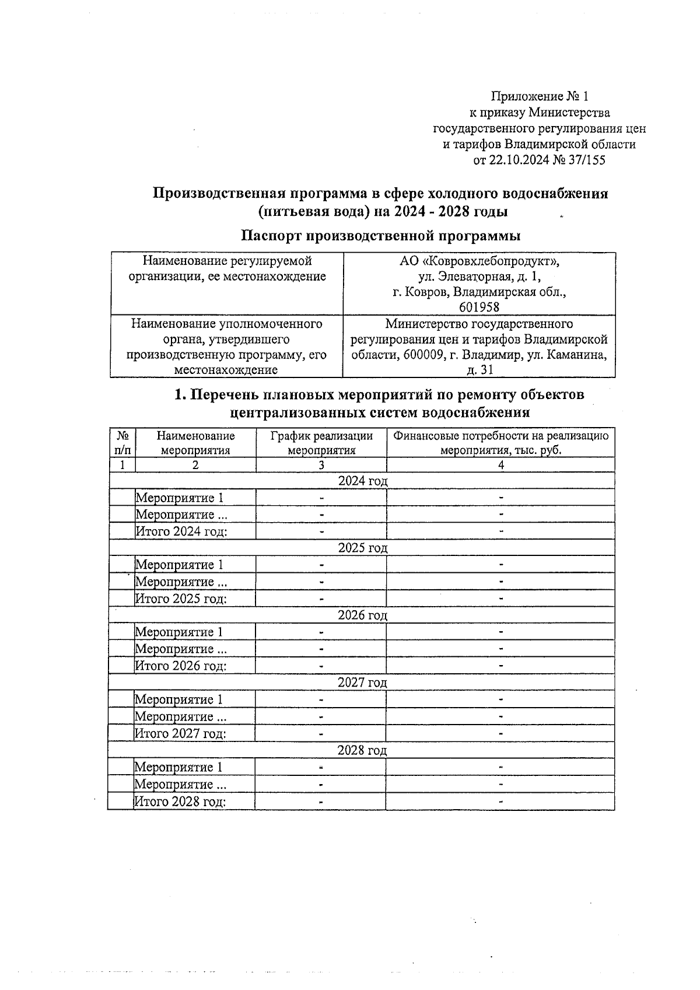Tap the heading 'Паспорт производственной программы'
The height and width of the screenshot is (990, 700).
(381, 236)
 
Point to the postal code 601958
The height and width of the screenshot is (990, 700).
(480, 307)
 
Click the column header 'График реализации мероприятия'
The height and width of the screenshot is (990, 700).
(321, 443)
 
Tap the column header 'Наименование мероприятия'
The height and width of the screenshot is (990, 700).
(195, 443)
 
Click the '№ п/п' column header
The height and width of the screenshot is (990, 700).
(123, 443)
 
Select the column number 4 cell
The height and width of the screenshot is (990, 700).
(501, 465)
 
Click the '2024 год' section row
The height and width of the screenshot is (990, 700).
(362, 481)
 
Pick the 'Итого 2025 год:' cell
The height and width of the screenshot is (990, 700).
(181, 599)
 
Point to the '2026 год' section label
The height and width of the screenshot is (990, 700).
(362, 615)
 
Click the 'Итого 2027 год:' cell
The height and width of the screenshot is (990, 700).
(180, 733)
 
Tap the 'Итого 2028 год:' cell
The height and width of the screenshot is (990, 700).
(180, 802)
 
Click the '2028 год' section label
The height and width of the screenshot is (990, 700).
(362, 750)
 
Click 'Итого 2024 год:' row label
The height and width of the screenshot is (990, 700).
(181, 531)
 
